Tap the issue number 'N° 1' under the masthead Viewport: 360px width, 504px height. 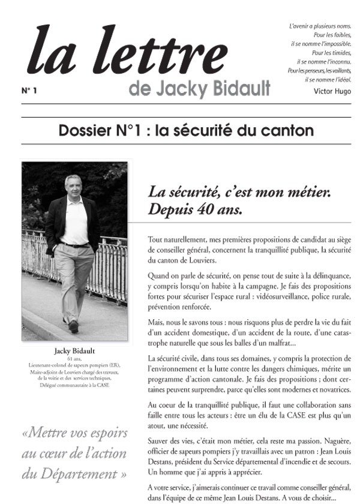point(29,91)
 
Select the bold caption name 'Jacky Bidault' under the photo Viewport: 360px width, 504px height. point(74,352)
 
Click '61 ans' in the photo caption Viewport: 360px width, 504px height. point(74,359)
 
